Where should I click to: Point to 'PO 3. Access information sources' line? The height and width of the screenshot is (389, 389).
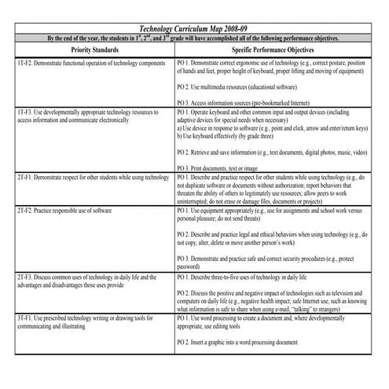click(x=237, y=101)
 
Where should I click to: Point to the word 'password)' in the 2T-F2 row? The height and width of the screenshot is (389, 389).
click(x=189, y=266)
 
